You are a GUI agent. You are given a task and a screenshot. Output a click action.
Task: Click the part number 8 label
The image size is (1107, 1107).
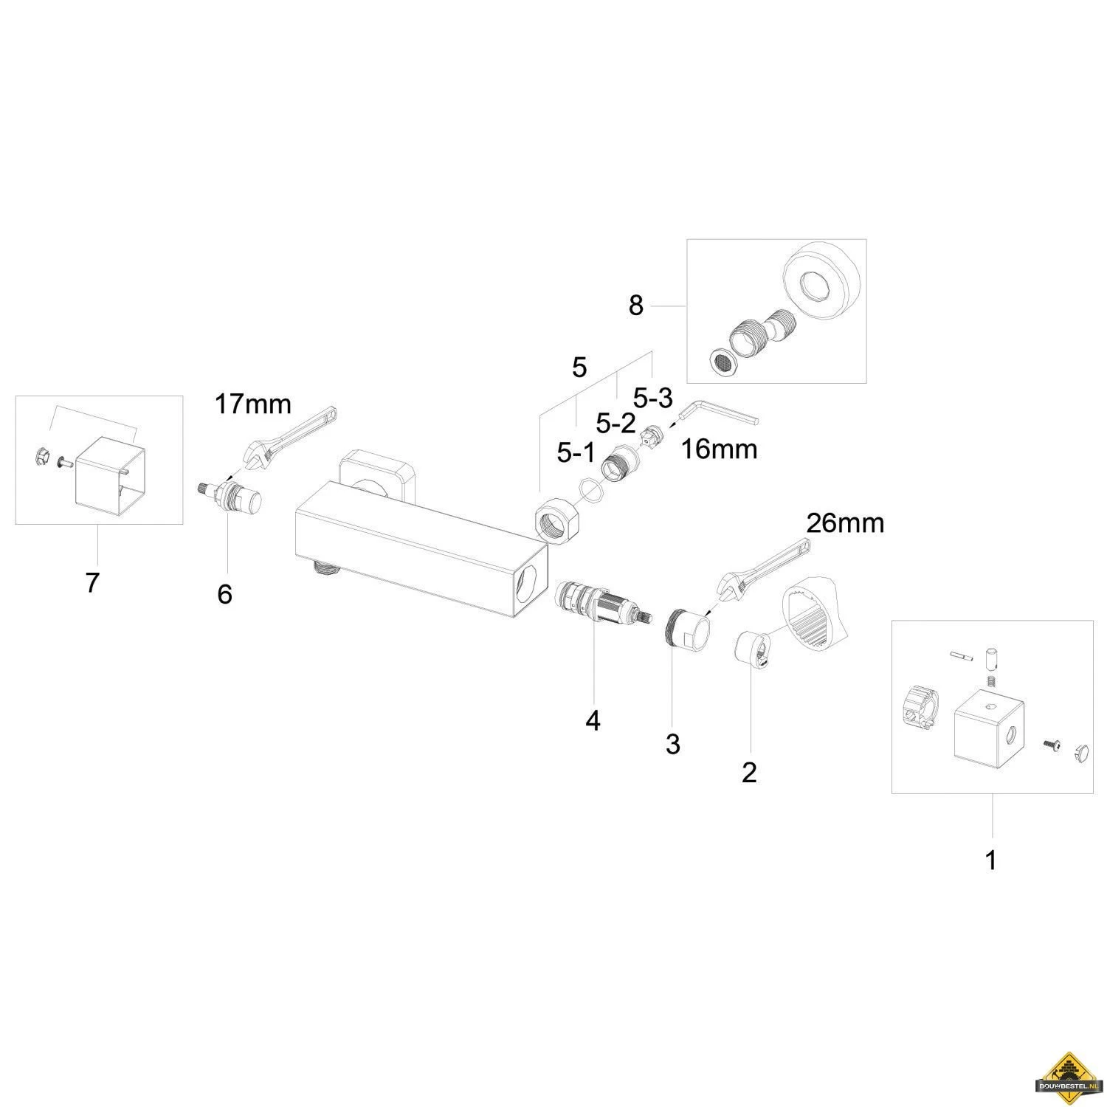click(635, 305)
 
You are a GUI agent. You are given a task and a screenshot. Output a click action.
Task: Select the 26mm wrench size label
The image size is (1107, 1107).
click(845, 523)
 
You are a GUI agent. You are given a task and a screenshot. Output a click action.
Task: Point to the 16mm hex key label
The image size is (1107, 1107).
click(719, 449)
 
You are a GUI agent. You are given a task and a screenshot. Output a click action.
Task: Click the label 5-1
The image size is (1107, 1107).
click(576, 452)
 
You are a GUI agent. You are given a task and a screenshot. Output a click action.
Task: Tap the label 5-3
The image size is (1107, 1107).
click(653, 399)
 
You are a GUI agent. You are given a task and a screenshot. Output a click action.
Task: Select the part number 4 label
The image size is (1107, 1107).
click(593, 720)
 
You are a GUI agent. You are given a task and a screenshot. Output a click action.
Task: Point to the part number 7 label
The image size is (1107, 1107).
click(92, 583)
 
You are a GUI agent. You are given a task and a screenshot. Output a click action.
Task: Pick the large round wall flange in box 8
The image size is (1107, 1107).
click(821, 280)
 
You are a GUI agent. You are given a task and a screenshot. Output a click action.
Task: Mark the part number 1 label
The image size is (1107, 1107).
click(991, 860)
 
